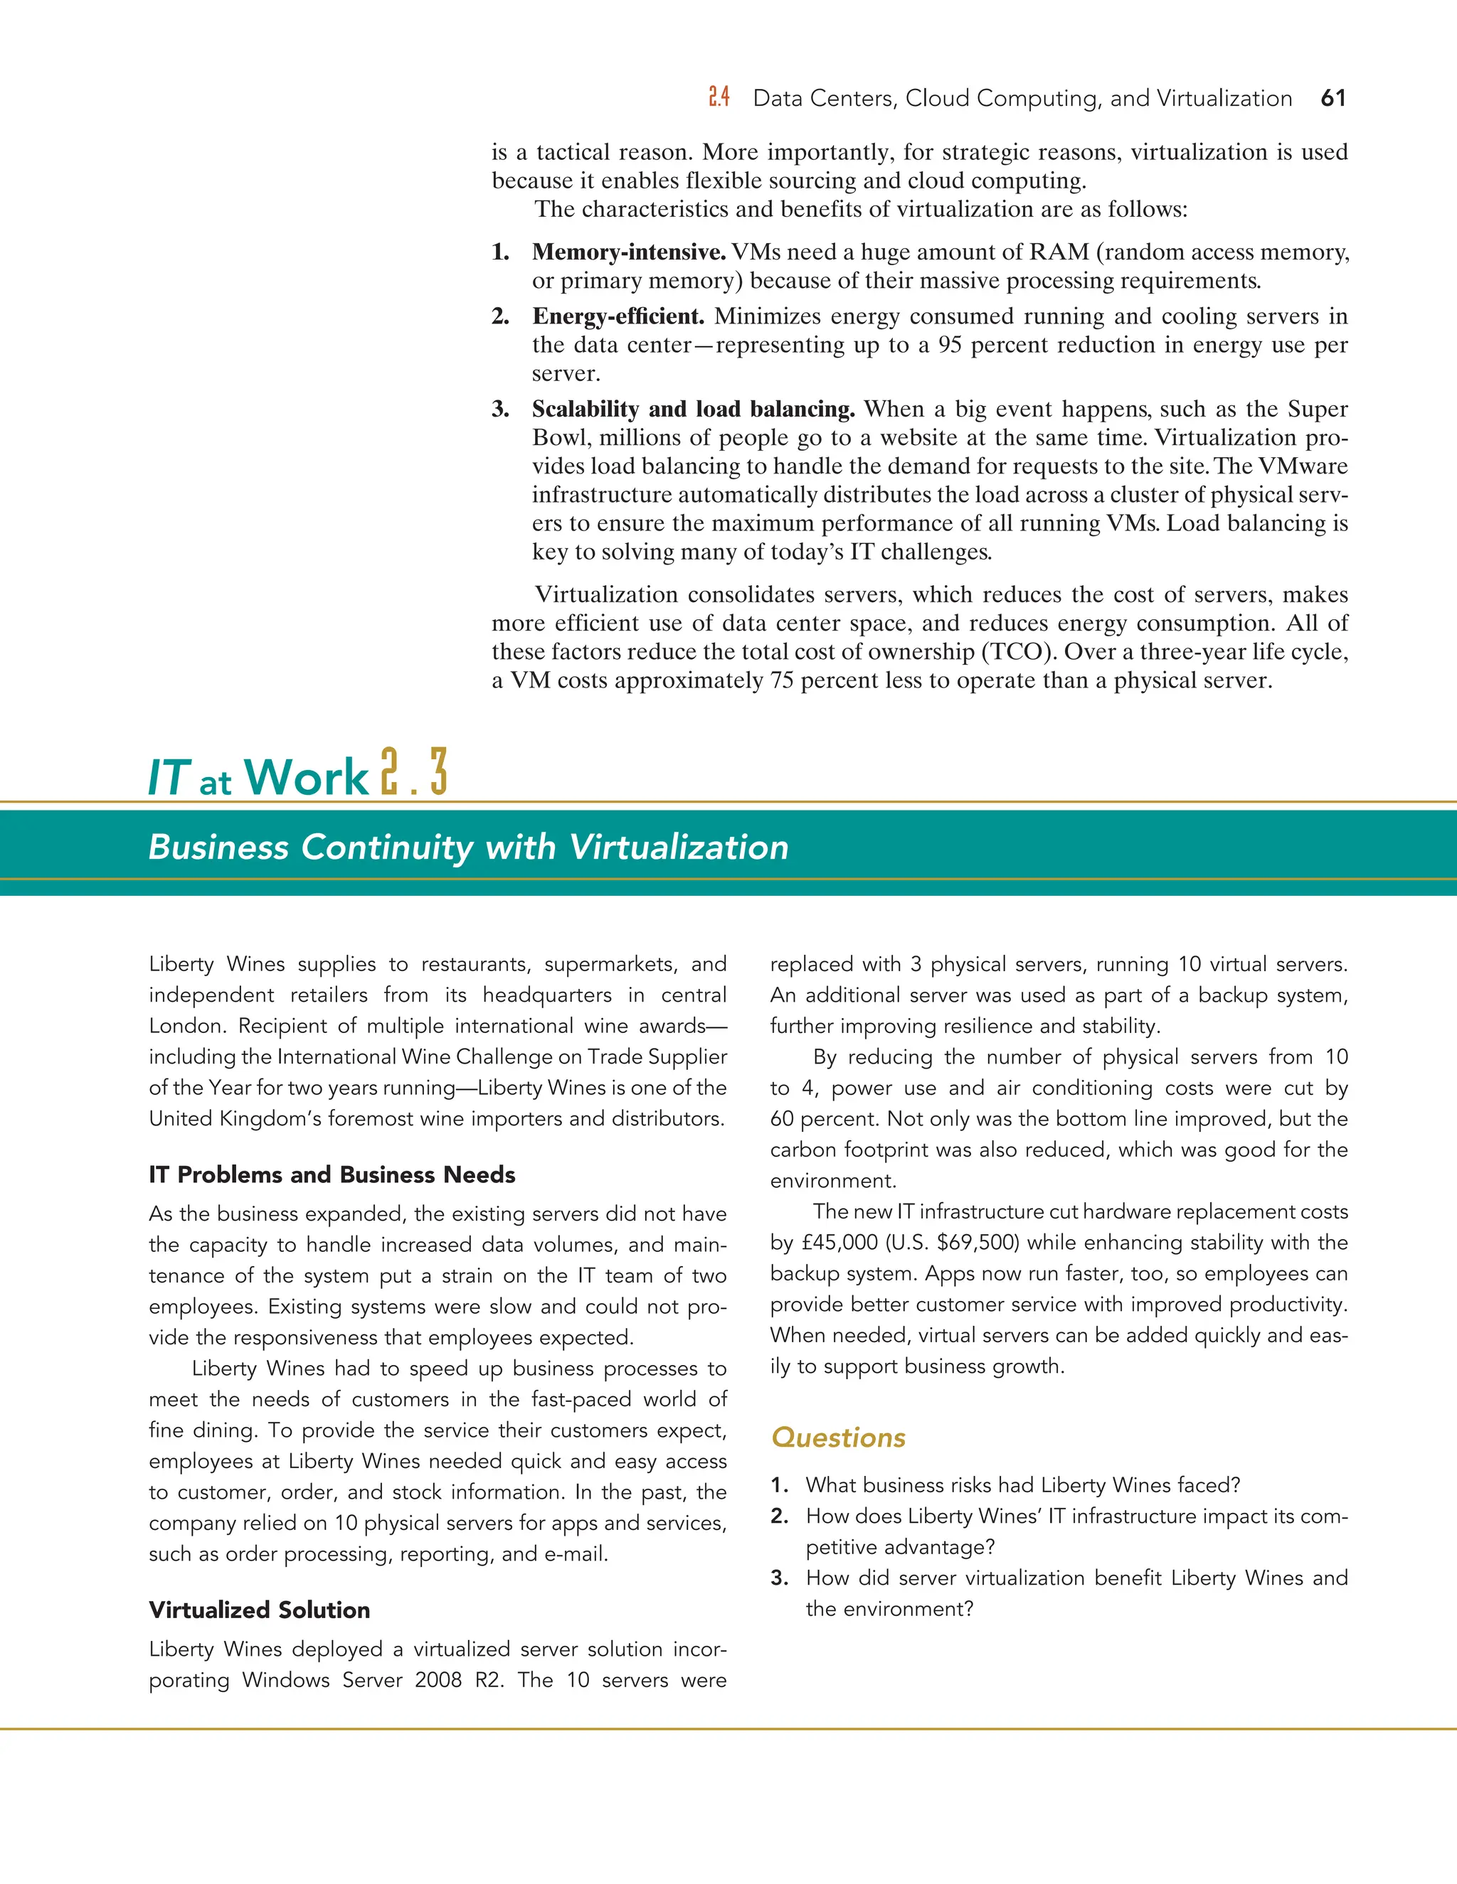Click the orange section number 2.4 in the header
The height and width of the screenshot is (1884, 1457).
tap(719, 97)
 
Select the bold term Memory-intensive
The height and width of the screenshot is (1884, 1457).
tap(628, 252)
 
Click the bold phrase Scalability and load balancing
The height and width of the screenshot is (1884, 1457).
tap(693, 409)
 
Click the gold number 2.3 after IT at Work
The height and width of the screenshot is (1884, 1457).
tap(414, 772)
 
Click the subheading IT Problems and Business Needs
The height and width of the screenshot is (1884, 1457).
tap(332, 1175)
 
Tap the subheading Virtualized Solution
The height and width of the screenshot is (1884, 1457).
tap(259, 1610)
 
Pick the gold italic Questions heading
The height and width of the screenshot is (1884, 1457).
tap(838, 1437)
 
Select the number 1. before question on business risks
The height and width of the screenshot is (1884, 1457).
tap(780, 1484)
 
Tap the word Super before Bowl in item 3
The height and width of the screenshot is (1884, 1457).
tap(1317, 409)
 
